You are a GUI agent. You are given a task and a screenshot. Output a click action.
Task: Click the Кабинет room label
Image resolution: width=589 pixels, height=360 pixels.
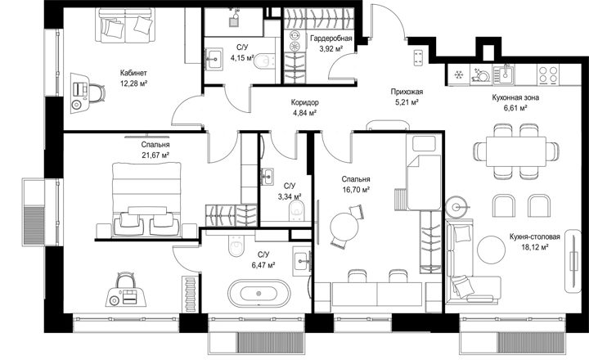[x=133, y=73]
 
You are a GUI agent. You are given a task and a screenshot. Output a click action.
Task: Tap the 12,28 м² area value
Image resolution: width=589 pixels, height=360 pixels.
[x=133, y=83]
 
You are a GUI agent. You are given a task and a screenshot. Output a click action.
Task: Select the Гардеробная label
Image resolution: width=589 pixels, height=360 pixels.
[x=331, y=38]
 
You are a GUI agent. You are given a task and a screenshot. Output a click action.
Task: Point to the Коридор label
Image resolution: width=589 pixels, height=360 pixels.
[x=304, y=102]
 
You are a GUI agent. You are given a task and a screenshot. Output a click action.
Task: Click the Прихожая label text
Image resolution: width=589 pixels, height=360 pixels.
[x=407, y=92]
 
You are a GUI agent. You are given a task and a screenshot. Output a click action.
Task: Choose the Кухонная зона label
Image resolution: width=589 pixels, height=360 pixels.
[x=515, y=97]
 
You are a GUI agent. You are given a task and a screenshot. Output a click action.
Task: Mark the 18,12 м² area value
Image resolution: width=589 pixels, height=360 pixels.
[x=535, y=247]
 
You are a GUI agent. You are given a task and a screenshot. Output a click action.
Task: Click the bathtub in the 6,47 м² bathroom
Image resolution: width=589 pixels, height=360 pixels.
[x=259, y=293]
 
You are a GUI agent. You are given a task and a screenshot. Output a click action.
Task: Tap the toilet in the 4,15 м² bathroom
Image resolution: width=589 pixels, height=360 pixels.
[x=264, y=61]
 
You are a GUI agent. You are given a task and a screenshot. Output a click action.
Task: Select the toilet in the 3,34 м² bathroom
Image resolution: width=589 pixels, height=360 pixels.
[x=297, y=210]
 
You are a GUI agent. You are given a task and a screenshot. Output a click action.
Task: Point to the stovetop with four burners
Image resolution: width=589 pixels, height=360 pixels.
[x=548, y=74]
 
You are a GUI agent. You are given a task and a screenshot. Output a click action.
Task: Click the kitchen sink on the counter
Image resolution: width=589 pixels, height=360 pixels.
[x=503, y=74]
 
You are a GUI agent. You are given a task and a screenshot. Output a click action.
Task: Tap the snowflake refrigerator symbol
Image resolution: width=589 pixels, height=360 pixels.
[x=458, y=74]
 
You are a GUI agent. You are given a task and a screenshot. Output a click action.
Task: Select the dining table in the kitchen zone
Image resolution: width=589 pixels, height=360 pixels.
[x=516, y=151]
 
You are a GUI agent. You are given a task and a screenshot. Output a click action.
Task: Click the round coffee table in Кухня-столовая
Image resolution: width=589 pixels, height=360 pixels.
[x=492, y=250]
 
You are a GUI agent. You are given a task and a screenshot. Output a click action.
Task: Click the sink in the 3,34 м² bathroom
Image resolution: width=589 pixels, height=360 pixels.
[x=268, y=177]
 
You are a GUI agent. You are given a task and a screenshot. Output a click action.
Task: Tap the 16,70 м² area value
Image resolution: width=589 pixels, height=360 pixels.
[x=356, y=190]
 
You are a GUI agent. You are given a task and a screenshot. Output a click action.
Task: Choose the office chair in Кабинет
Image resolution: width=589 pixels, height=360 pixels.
[x=97, y=93]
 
